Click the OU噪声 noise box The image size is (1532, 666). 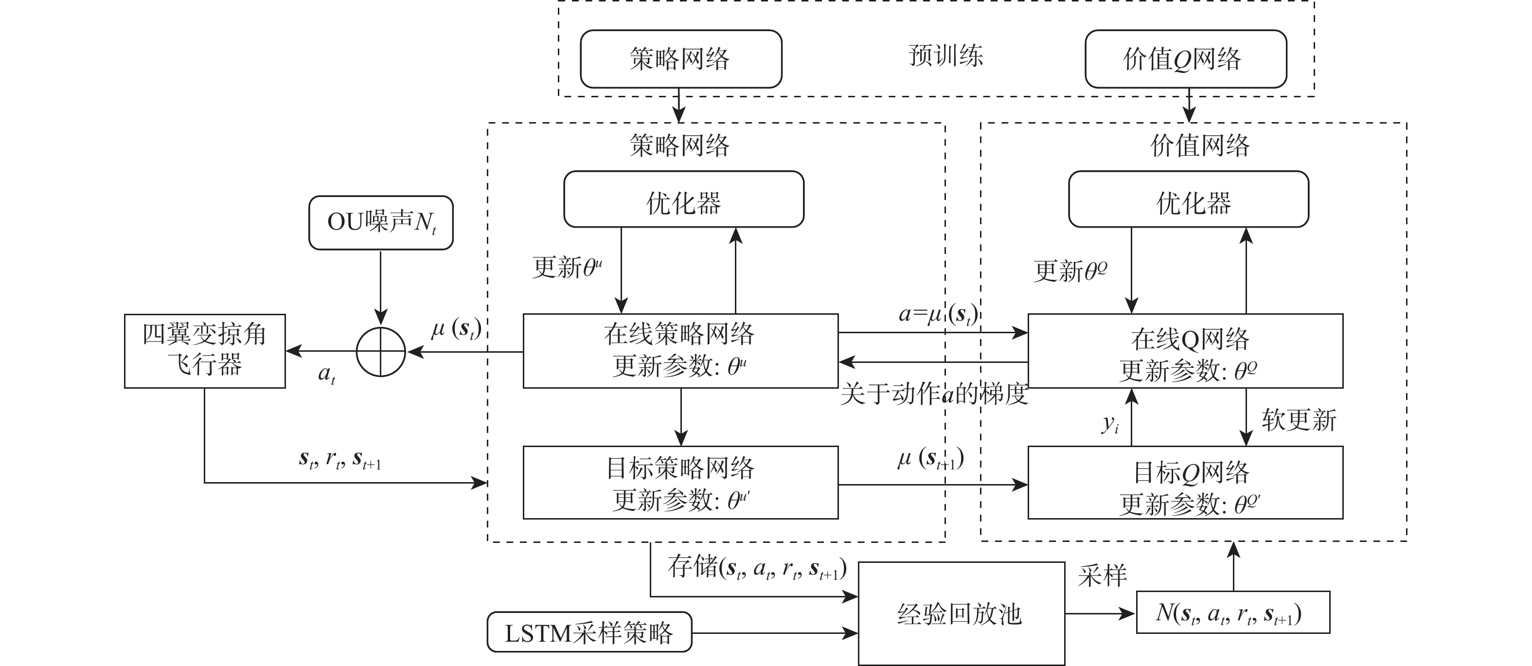coord(381,222)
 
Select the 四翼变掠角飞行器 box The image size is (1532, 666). coord(205,351)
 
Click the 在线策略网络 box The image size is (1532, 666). coord(680,351)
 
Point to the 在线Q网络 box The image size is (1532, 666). coord(1185,351)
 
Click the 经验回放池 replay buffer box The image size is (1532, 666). coord(961,613)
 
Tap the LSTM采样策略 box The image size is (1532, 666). coord(589,633)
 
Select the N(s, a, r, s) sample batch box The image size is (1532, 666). coord(1232,612)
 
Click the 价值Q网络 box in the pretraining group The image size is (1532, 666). coord(1185,59)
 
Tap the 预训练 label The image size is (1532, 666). coord(945,56)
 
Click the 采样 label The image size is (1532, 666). coord(1102,576)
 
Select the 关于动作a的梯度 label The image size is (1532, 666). coord(934,394)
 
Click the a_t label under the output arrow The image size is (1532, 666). coord(326,374)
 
